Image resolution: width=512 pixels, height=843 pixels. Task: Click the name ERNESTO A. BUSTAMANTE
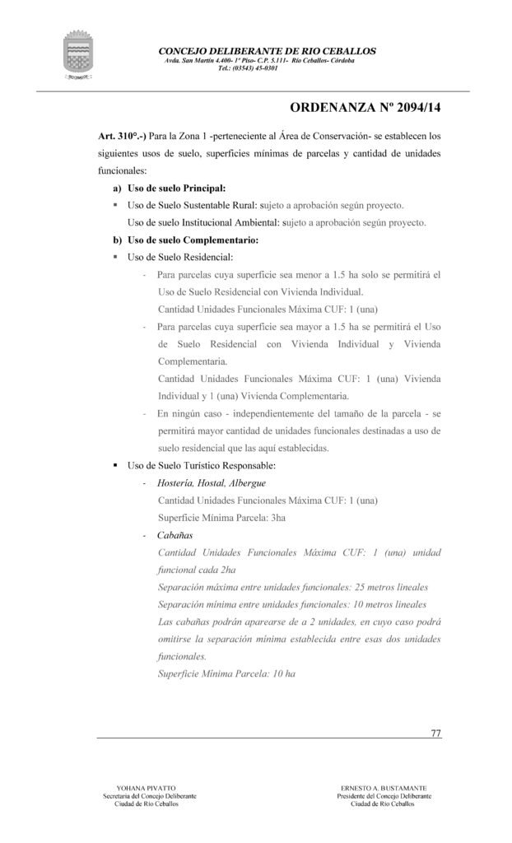pos(382,788)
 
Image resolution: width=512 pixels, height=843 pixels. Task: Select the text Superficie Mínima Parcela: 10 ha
pos(226,673)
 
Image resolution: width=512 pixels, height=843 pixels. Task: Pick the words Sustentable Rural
pos(220,206)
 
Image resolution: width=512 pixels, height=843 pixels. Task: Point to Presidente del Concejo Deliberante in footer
pos(382,796)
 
